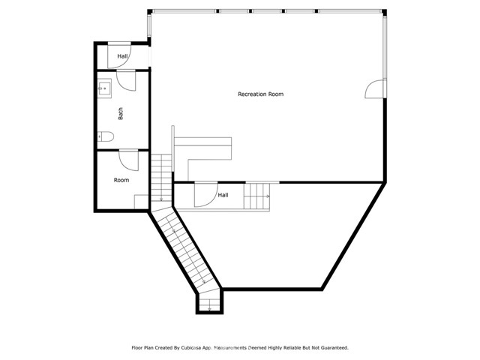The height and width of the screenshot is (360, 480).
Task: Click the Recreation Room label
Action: (260, 94)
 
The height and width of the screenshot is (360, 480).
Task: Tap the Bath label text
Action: (121, 114)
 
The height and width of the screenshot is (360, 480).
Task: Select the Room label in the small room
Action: (121, 180)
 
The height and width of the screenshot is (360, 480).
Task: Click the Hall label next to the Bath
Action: (122, 56)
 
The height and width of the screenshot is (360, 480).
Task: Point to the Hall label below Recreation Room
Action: (223, 195)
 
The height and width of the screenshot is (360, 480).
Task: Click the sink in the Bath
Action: (104, 88)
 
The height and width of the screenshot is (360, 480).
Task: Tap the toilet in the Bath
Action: (106, 136)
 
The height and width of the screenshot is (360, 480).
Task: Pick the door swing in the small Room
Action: (129, 159)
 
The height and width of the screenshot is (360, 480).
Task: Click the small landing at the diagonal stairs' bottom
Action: (209, 303)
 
